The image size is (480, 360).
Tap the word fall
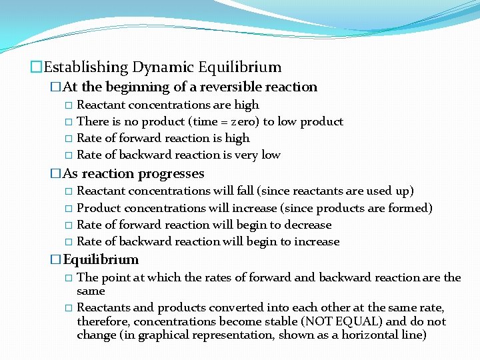click(244, 191)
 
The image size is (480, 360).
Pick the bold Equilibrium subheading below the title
click(101, 259)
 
